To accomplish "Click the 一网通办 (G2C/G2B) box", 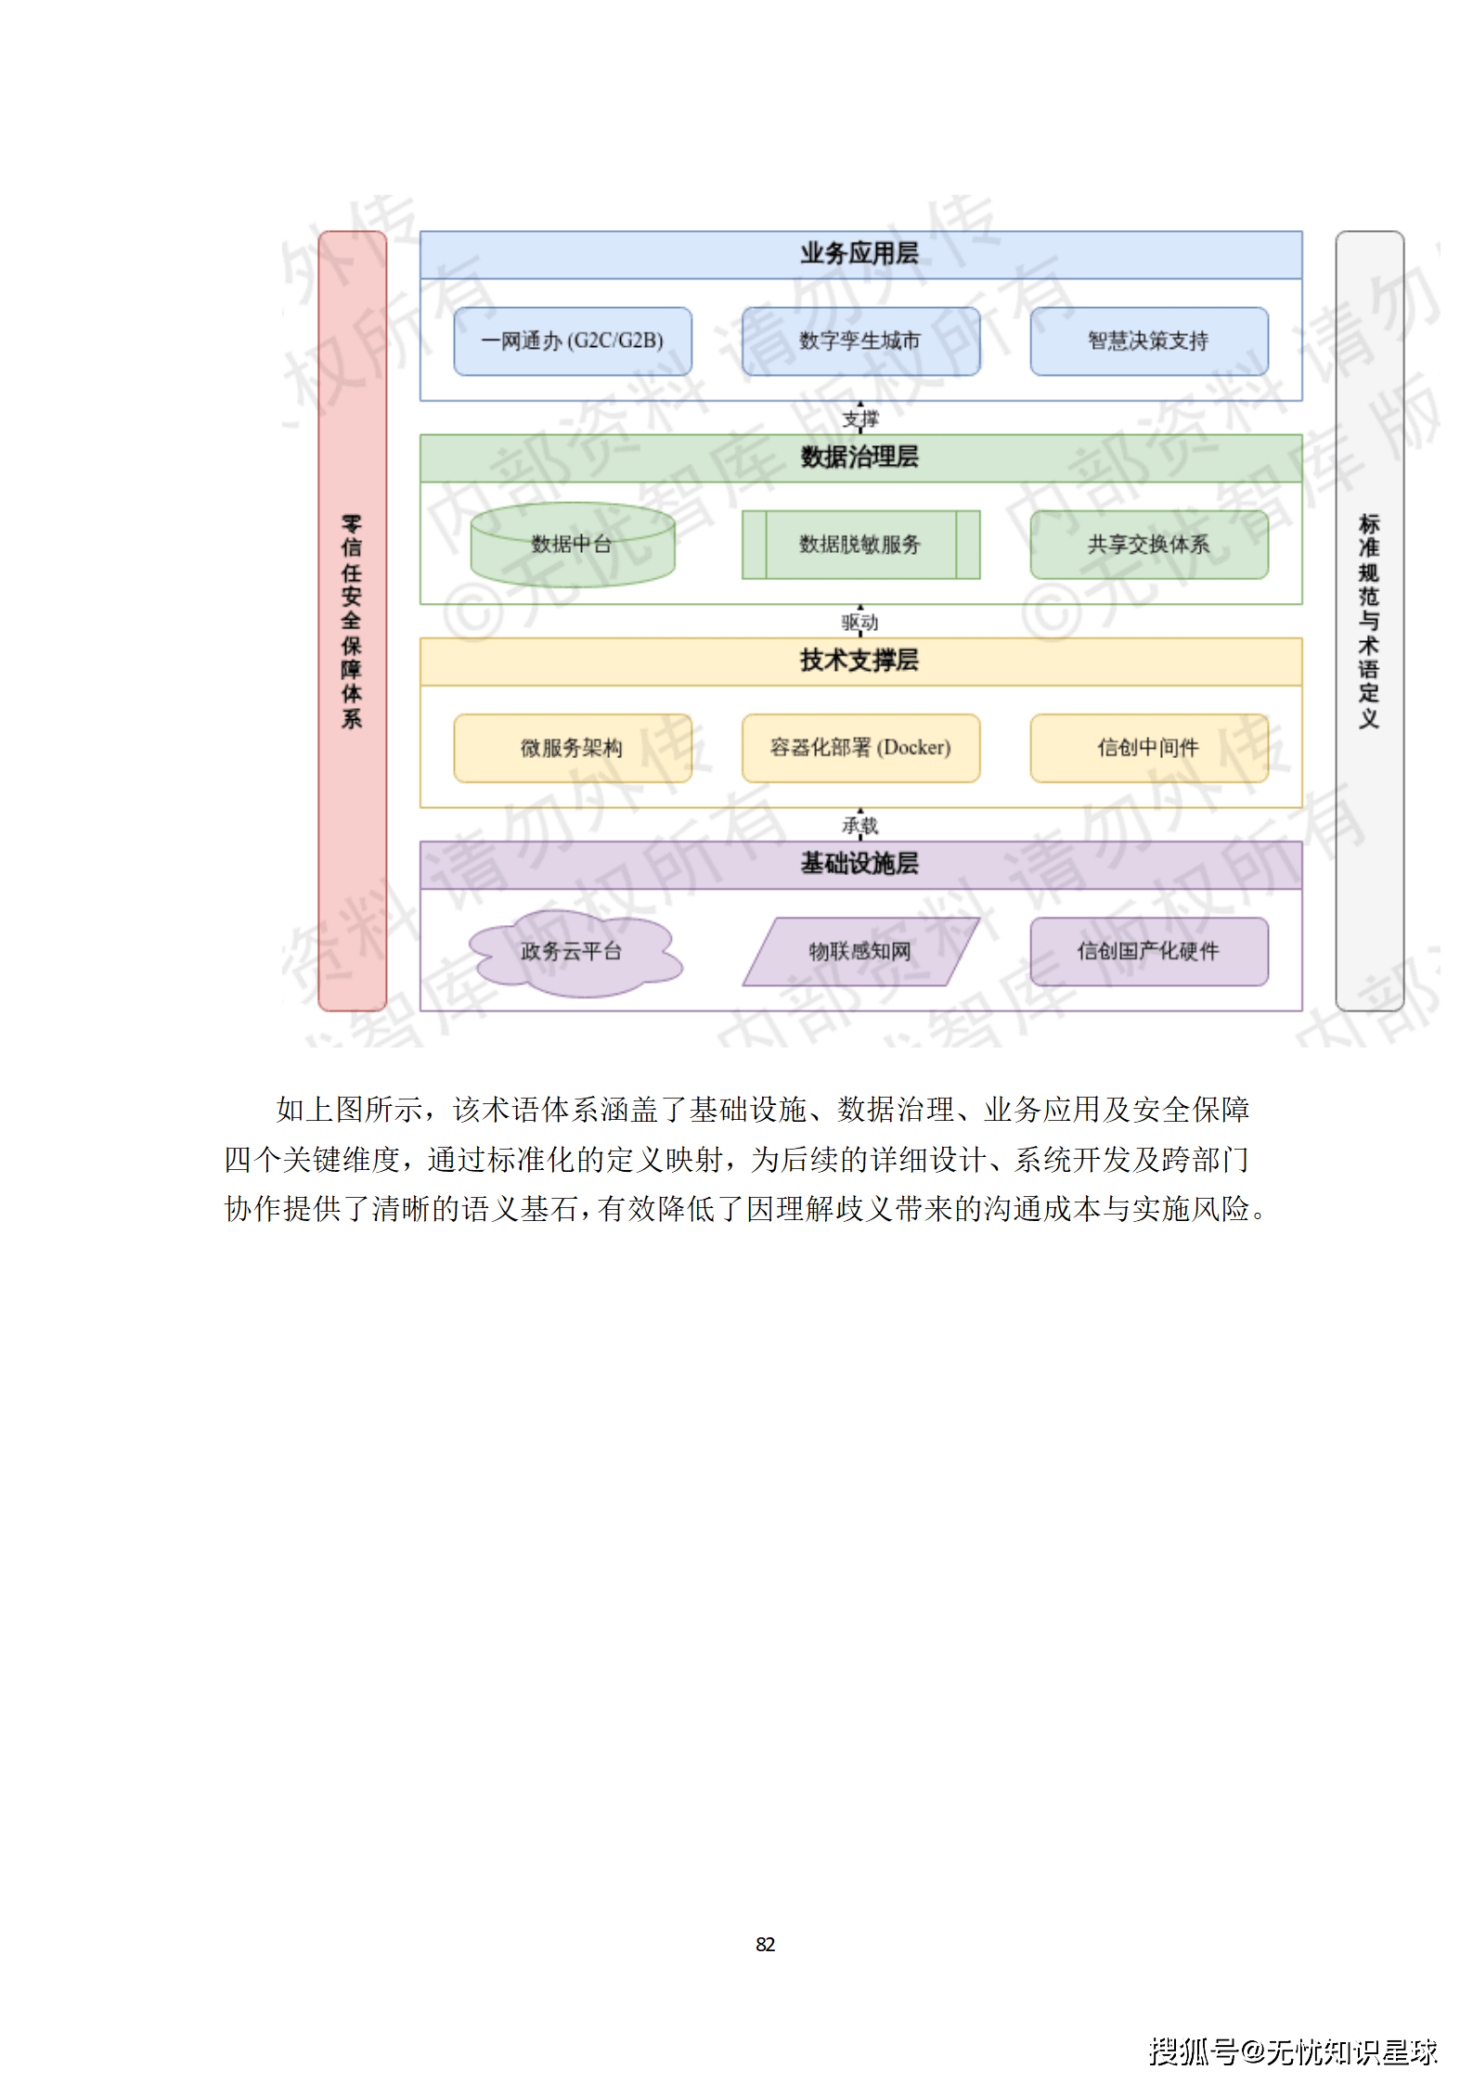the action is pos(572,341).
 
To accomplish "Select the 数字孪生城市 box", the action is pos(860,341).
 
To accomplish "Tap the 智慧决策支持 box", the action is pos(1148,341).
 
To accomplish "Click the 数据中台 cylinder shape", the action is pos(572,545).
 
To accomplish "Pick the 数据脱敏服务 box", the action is pos(860,545).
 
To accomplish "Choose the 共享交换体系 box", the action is pos(1148,545).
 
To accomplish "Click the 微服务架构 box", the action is pos(572,748).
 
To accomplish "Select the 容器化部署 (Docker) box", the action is pos(860,748).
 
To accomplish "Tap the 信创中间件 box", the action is pos(1148,748).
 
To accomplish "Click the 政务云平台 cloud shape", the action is pos(572,952).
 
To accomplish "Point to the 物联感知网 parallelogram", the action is pos(860,952).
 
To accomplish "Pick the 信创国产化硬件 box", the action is pos(1148,952).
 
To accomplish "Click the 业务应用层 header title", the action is pos(859,254).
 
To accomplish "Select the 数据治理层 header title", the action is pos(859,457).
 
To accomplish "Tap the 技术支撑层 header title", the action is pos(859,661).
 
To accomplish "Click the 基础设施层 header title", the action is pos(859,864).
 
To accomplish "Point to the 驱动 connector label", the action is pos(859,623).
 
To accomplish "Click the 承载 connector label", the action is pos(859,826).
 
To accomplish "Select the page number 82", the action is pos(765,1945).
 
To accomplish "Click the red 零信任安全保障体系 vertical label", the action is pos(352,621).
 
